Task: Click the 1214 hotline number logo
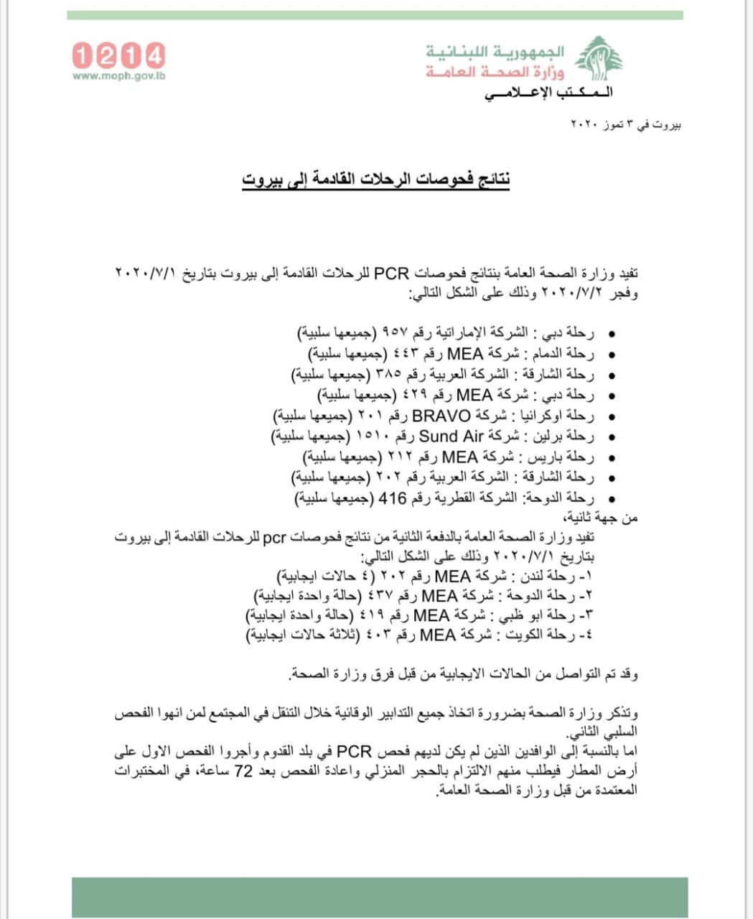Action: tap(118, 55)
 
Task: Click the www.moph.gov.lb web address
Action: tap(118, 75)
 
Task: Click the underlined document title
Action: tap(375, 179)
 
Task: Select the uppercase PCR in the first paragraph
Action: tap(392, 274)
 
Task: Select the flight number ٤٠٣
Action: tap(381, 635)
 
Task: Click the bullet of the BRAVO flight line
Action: tap(612, 416)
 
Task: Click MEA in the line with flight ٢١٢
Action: tap(460, 457)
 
